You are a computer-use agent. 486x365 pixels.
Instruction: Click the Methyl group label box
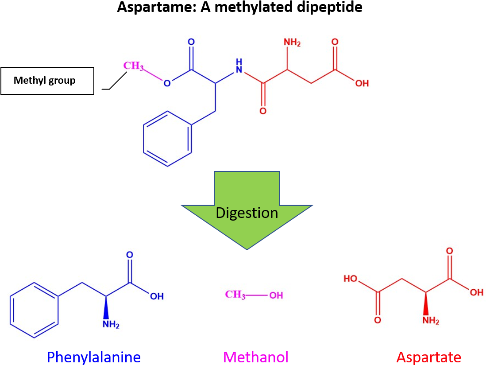(x=50, y=81)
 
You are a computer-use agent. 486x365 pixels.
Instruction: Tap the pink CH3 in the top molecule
(x=133, y=66)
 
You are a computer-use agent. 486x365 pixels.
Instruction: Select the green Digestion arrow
(x=247, y=208)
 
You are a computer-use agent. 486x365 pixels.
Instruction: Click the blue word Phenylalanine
(x=94, y=357)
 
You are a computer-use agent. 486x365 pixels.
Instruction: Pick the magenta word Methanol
(x=256, y=357)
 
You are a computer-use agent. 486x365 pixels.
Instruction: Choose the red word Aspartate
(x=428, y=357)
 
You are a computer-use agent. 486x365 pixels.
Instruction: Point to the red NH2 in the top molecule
(x=292, y=43)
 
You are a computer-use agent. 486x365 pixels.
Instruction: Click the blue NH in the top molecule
(x=239, y=66)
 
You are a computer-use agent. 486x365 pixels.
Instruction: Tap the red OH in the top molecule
(x=362, y=83)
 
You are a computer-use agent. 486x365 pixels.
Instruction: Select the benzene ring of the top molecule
(x=168, y=139)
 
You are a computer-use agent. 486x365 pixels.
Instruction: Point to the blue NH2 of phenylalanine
(x=111, y=325)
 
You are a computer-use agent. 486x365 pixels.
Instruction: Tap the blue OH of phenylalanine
(x=157, y=296)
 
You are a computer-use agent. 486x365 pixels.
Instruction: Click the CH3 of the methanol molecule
(x=235, y=295)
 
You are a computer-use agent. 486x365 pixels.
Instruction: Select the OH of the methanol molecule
(x=276, y=295)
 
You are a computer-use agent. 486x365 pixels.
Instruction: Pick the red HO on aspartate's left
(x=351, y=279)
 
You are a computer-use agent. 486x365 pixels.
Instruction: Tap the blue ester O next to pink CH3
(x=167, y=83)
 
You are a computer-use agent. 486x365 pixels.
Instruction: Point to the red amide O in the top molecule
(x=263, y=111)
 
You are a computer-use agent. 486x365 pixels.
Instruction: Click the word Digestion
(x=247, y=213)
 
